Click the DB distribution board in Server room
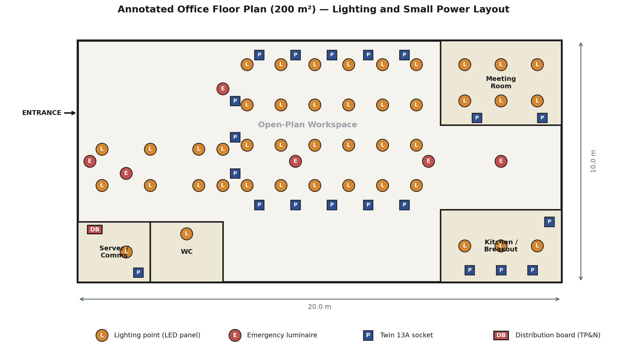click(x=95, y=230)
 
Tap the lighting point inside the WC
click(x=186, y=234)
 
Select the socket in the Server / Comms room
click(x=138, y=273)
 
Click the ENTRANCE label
click(x=42, y=113)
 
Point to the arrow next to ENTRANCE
click(x=70, y=113)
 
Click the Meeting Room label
click(x=501, y=82)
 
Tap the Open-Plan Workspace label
click(x=307, y=125)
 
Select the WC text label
click(x=186, y=252)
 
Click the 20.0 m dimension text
click(x=319, y=307)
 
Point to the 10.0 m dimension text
click(x=593, y=161)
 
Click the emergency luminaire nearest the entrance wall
click(x=90, y=161)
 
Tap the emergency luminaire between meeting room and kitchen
click(x=501, y=161)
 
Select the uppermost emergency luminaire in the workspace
click(x=223, y=89)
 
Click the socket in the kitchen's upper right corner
click(x=549, y=222)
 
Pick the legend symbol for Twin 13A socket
click(x=368, y=335)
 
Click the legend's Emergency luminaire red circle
click(x=235, y=335)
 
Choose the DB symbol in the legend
click(x=501, y=335)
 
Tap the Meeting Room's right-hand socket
click(x=542, y=118)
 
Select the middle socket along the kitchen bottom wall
click(x=501, y=270)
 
